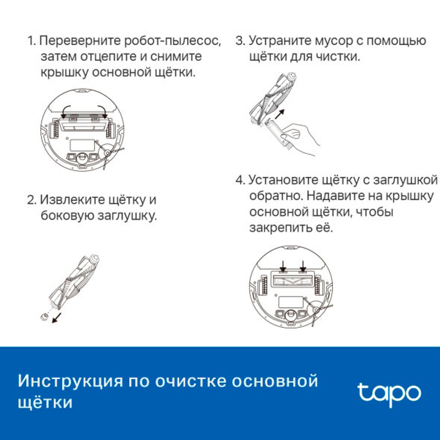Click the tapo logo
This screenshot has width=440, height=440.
tap(389, 392)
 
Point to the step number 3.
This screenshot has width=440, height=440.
tap(240, 41)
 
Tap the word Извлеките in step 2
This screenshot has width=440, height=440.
tap(70, 200)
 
